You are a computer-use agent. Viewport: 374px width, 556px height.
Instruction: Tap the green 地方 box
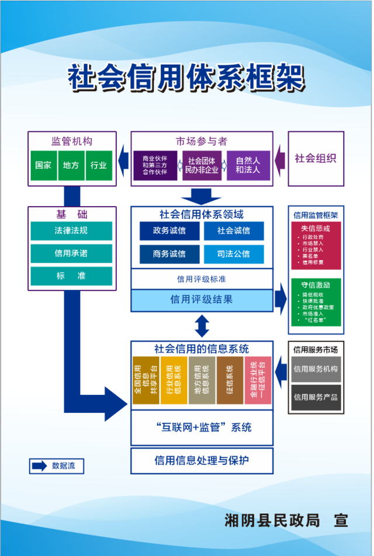coord(71,165)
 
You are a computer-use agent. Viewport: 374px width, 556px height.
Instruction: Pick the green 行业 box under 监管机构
coord(99,165)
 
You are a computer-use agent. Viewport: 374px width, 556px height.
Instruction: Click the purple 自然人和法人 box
coord(248,165)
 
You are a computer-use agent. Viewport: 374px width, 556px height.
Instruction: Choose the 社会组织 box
coord(316,158)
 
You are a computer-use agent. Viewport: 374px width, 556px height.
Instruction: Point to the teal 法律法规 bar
coord(71,231)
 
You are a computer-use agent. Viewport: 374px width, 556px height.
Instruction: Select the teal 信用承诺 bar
coord(71,253)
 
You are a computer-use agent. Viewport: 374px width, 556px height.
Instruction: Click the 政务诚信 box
coord(169,231)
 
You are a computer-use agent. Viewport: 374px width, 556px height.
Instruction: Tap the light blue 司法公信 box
coord(234,254)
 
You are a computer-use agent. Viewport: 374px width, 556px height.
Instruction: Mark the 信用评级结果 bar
coord(202,300)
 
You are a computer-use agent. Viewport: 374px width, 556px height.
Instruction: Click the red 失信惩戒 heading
coord(316,228)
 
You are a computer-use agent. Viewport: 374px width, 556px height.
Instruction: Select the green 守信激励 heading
coord(316,285)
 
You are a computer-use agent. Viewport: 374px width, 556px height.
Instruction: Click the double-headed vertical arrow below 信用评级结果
coord(202,326)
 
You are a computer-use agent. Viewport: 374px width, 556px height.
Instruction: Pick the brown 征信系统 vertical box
coord(230,380)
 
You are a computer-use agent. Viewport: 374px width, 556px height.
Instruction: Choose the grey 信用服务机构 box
coord(316,369)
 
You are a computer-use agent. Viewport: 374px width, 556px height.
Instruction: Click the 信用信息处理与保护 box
coord(202,460)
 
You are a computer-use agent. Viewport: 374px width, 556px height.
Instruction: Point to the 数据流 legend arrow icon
coord(39,466)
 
